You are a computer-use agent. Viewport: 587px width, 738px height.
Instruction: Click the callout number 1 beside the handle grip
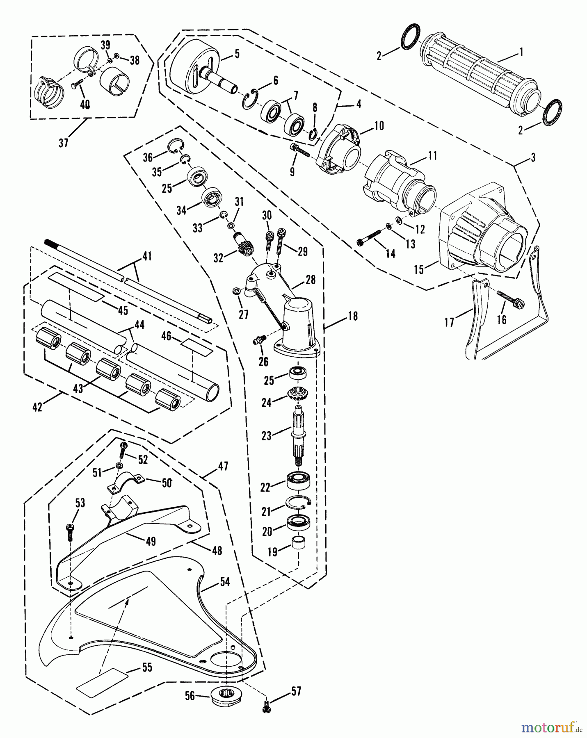pyautogui.click(x=521, y=52)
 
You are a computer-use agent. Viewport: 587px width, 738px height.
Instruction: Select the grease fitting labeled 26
pyautogui.click(x=260, y=340)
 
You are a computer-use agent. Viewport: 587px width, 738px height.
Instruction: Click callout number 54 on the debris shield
pyautogui.click(x=224, y=581)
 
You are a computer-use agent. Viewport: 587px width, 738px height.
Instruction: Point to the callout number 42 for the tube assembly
pyautogui.click(x=37, y=408)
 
